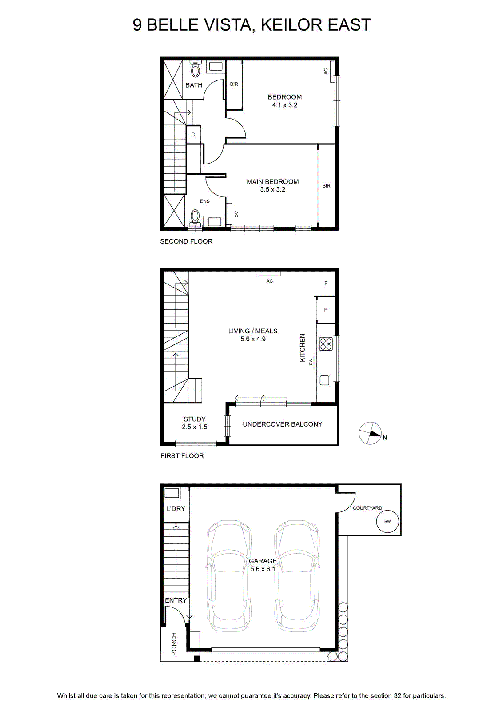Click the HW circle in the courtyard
coord(387,521)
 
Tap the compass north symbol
coord(370,433)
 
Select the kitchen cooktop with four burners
coord(326,344)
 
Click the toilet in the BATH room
coord(196,69)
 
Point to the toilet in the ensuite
coord(195,217)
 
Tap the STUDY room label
coord(195,419)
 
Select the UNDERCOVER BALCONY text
coord(283,424)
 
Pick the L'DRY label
coord(176,508)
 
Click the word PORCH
coord(174,644)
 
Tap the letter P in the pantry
coord(326,310)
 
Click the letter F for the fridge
coord(326,283)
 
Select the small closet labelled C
coord(193,135)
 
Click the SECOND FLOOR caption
coord(186,241)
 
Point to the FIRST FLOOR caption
coord(182,456)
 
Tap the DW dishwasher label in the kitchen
coord(311,362)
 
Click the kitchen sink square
coord(324,380)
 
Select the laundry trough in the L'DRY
coord(172,493)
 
